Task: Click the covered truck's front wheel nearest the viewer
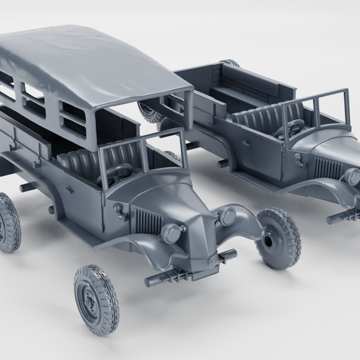point(96,299)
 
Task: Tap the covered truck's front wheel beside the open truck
point(279,238)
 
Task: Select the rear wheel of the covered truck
point(9,222)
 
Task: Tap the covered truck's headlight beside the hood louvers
point(172,232)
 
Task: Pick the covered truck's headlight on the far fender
point(226,215)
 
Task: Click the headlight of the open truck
point(352,176)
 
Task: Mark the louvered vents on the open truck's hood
point(327,167)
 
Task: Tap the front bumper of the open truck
point(345,215)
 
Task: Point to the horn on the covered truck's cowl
point(120,211)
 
